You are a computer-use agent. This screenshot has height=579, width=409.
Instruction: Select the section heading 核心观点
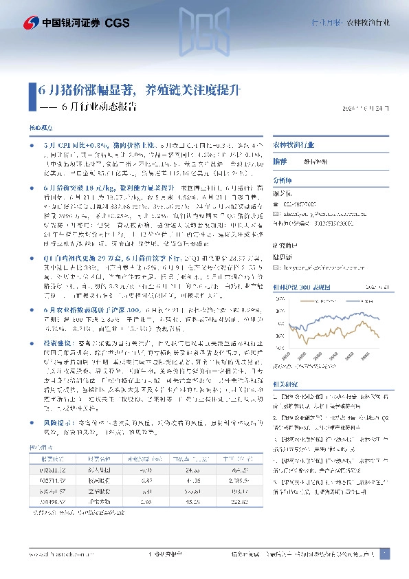[40, 129]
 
